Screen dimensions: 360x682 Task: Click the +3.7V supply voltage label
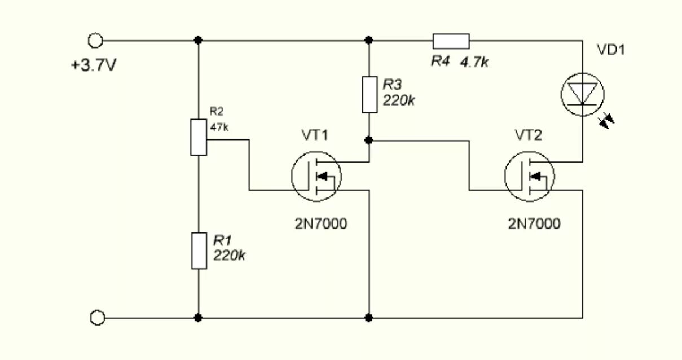tap(94, 65)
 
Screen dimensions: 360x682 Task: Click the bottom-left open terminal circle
tap(97, 318)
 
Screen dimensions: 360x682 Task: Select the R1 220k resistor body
tap(199, 250)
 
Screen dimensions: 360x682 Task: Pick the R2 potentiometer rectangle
tap(199, 137)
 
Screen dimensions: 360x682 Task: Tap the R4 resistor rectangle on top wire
tap(451, 41)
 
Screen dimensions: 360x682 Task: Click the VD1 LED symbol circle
tap(583, 95)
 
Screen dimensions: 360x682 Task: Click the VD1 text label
tap(610, 50)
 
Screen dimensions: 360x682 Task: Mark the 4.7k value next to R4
tap(474, 62)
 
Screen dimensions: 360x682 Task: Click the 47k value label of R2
tap(219, 128)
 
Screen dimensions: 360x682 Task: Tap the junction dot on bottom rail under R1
tap(198, 318)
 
